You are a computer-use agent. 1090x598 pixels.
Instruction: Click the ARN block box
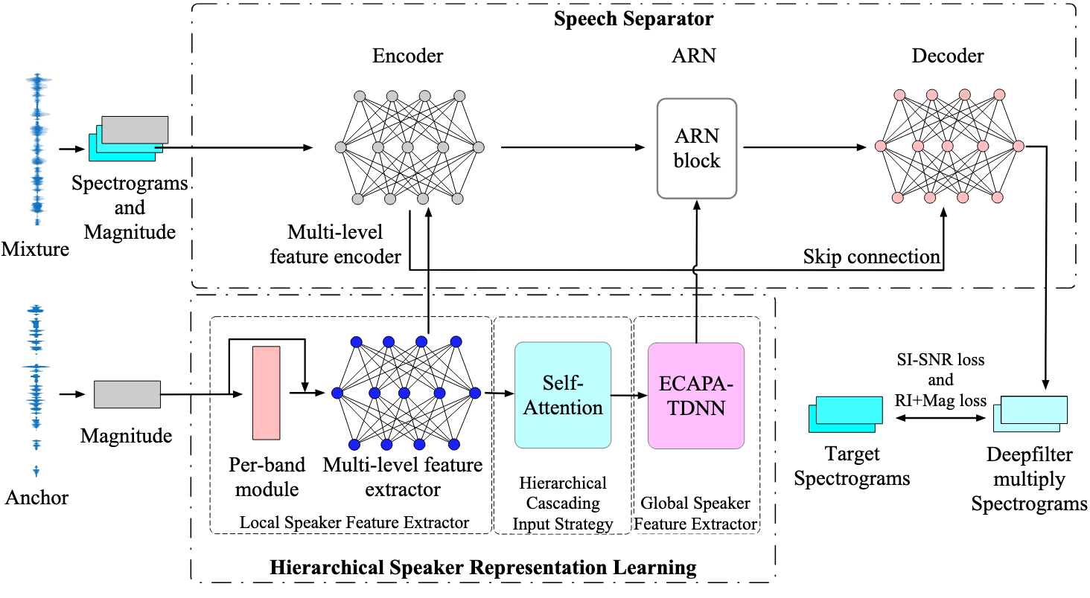pyautogui.click(x=696, y=149)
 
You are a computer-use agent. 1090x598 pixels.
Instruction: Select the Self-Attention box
pyautogui.click(x=562, y=395)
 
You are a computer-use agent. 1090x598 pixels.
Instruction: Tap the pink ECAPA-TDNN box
pyautogui.click(x=696, y=395)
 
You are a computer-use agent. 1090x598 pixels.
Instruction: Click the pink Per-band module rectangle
pyautogui.click(x=266, y=393)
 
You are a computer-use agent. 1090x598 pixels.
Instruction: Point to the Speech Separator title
pyautogui.click(x=634, y=19)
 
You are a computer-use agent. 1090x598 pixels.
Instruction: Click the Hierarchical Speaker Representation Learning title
pyautogui.click(x=482, y=568)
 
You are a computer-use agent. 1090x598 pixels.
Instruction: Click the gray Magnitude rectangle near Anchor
pyautogui.click(x=127, y=393)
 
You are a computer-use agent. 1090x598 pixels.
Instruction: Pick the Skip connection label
pyautogui.click(x=871, y=257)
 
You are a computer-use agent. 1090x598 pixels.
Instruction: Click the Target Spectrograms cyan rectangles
pyautogui.click(x=842, y=414)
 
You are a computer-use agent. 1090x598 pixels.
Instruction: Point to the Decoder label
pyautogui.click(x=948, y=56)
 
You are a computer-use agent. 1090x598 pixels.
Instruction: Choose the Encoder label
pyautogui.click(x=408, y=56)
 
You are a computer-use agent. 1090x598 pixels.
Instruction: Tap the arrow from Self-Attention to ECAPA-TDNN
pyautogui.click(x=628, y=396)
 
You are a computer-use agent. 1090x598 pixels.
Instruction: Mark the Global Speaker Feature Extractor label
pyautogui.click(x=695, y=513)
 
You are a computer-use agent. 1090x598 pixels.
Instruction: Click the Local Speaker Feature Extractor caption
pyautogui.click(x=354, y=523)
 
